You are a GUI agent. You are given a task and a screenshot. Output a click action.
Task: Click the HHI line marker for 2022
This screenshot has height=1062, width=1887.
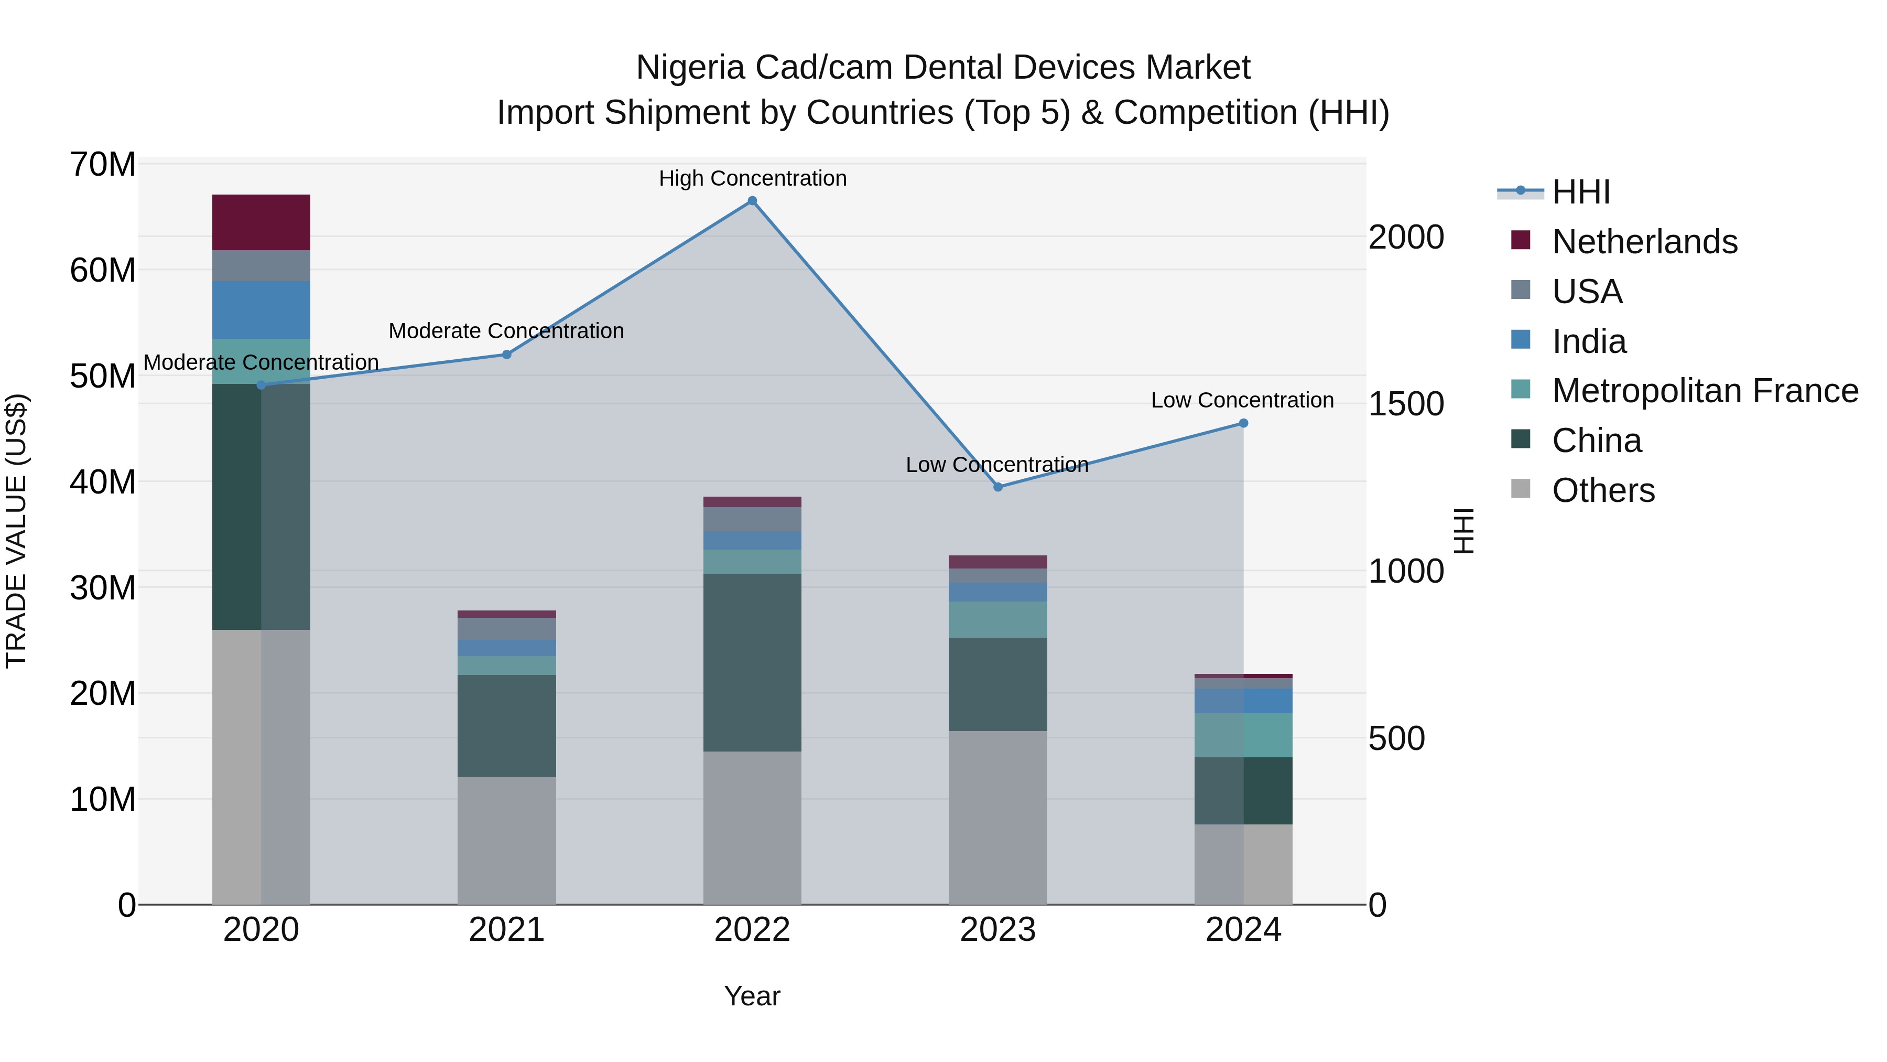click(x=752, y=201)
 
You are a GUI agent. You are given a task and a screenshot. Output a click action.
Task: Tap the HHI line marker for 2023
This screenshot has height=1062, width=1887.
click(x=997, y=487)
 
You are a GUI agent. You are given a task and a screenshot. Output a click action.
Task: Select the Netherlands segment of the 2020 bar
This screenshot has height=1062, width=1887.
click(x=261, y=222)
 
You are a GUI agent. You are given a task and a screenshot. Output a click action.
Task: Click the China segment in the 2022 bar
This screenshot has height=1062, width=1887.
click(x=752, y=662)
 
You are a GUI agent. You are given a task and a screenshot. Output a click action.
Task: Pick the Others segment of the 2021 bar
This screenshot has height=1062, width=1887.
click(x=506, y=840)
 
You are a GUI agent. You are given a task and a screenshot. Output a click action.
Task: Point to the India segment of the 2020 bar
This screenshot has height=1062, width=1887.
click(x=261, y=309)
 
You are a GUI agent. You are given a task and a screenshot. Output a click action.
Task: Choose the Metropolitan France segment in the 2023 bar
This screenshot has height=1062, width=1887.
click(x=997, y=619)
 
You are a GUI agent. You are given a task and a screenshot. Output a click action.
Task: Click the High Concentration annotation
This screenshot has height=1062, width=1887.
click(x=752, y=178)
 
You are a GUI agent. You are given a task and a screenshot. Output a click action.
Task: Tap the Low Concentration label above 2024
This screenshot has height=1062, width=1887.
click(x=1242, y=400)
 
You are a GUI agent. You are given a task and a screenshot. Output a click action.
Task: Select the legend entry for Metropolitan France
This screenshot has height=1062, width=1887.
click(x=1705, y=391)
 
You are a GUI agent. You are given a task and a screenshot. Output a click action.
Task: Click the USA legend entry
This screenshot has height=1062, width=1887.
click(x=1587, y=291)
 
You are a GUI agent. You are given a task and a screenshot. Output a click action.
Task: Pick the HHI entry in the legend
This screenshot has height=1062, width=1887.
click(x=1581, y=192)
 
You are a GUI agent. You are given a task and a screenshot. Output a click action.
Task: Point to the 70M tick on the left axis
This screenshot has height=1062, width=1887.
click(x=103, y=164)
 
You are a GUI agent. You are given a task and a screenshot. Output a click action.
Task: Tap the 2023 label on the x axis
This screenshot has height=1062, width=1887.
click(x=997, y=930)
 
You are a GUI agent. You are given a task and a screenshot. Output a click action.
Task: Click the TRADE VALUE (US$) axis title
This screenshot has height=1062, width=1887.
click(x=16, y=531)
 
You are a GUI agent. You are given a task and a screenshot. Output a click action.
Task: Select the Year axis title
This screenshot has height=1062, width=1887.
click(x=752, y=996)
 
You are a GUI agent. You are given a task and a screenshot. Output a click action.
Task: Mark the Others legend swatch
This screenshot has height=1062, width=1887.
click(x=1520, y=490)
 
